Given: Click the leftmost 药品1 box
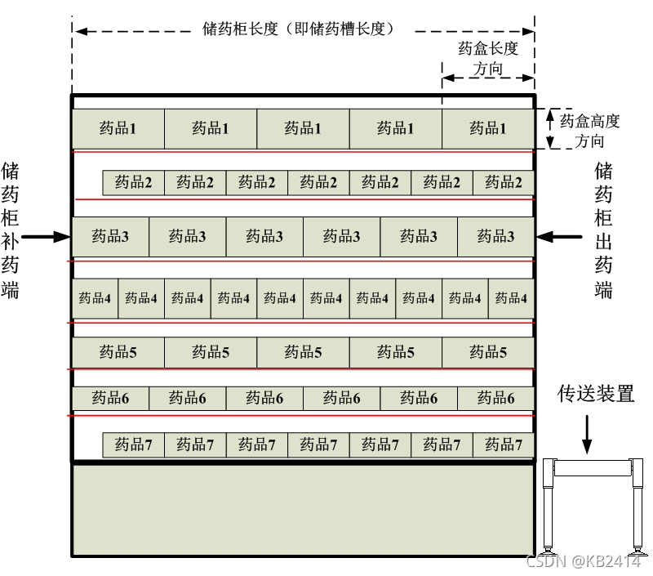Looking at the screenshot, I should [x=118, y=128].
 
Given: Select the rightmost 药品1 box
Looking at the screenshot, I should [x=488, y=128].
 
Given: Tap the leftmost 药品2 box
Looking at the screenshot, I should [x=133, y=182].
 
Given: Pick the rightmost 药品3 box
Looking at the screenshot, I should [x=495, y=237].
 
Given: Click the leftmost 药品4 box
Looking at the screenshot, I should [x=95, y=298].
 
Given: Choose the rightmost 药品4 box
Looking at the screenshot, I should [x=511, y=298].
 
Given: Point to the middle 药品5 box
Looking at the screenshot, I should [x=303, y=353].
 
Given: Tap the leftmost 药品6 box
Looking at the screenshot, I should [x=110, y=398].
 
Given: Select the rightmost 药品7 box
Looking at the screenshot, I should [x=503, y=445].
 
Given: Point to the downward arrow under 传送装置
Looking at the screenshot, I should [x=586, y=433].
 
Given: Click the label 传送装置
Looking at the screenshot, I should [x=596, y=395].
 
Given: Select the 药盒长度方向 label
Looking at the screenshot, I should [x=488, y=59].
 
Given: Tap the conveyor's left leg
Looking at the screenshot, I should [x=549, y=507].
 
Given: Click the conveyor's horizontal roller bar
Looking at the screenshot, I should [x=593, y=468].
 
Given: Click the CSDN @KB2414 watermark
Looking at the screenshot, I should [x=584, y=561].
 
